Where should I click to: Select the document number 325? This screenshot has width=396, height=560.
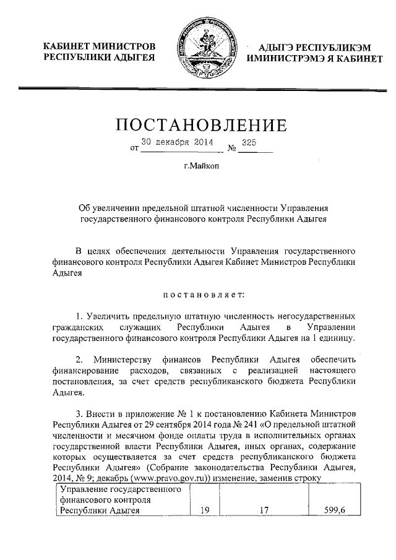coord(250,142)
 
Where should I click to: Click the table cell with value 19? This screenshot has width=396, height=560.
coord(205,511)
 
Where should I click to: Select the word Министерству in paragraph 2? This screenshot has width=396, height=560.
coord(123,360)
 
